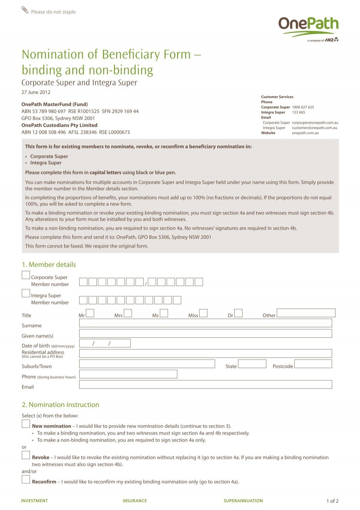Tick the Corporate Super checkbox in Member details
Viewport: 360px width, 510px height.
(x=26, y=275)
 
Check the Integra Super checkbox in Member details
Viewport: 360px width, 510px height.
(x=26, y=293)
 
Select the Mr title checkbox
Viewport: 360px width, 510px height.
(x=90, y=313)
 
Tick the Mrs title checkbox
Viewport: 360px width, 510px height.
(x=128, y=313)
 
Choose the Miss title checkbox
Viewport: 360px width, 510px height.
(x=203, y=313)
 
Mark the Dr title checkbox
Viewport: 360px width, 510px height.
(x=238, y=313)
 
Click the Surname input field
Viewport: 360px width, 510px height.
(x=205, y=323)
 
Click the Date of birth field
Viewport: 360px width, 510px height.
(x=105, y=343)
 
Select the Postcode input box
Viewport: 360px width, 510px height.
(x=313, y=364)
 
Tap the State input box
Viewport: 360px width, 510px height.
(x=252, y=364)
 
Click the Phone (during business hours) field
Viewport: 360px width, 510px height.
(x=128, y=374)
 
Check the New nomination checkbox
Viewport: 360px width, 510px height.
(x=26, y=424)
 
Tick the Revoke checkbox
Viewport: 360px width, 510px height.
(x=26, y=455)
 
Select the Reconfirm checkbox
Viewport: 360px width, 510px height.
(x=26, y=479)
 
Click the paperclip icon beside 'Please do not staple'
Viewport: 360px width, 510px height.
(x=25, y=10)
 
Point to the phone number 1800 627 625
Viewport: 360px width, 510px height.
(x=303, y=107)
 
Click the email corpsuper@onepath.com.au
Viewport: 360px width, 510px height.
(x=315, y=123)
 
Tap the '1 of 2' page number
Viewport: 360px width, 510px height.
(x=332, y=501)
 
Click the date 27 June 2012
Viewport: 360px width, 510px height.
(x=36, y=92)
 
